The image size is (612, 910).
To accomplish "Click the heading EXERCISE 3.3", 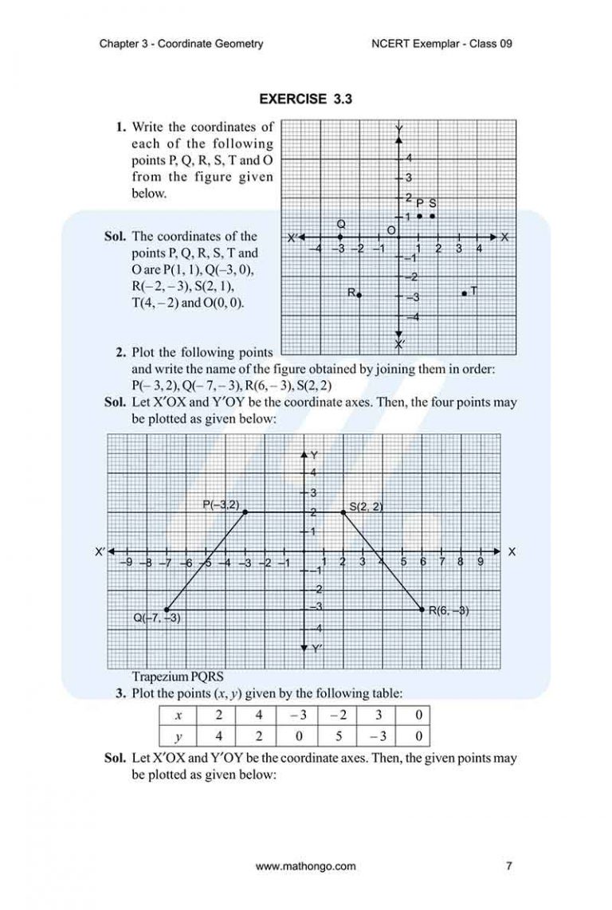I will coord(306,100).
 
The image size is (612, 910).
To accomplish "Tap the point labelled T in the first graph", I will coord(465,293).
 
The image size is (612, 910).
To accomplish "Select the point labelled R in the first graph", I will coord(359,295).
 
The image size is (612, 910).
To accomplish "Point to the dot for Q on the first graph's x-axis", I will coord(340,237).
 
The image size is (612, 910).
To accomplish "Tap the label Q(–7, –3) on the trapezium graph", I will coord(157,618).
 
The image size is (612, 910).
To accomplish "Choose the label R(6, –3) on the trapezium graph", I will coord(449,611).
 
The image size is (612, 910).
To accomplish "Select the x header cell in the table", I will coord(178,716).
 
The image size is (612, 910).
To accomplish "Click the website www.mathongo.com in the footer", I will coord(306,866).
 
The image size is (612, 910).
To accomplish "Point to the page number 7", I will coord(508,866).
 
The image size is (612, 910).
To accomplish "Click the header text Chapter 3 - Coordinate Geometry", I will coord(181,44).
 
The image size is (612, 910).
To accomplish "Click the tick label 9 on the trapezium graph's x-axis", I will coord(481,562).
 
